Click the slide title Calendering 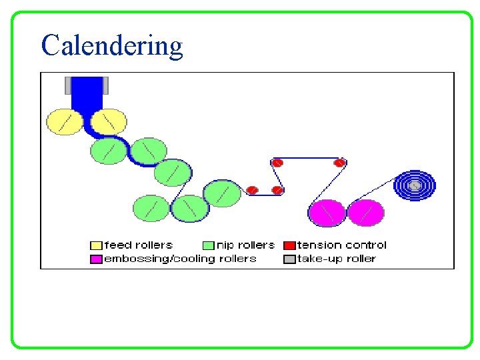point(111,45)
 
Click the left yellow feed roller point(64,122)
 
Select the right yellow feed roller point(109,122)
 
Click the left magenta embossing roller point(327,213)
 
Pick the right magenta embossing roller point(365,213)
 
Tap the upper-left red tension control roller point(277,163)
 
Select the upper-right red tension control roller point(339,163)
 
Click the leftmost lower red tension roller point(252,191)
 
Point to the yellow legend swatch point(96,245)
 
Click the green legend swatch point(208,245)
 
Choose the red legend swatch point(289,245)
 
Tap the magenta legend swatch point(96,259)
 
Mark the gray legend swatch point(289,259)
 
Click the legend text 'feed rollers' point(138,245)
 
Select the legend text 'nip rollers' point(245,245)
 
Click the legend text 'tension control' point(341,245)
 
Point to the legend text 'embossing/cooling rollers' point(180,259)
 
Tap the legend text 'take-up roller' point(337,259)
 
